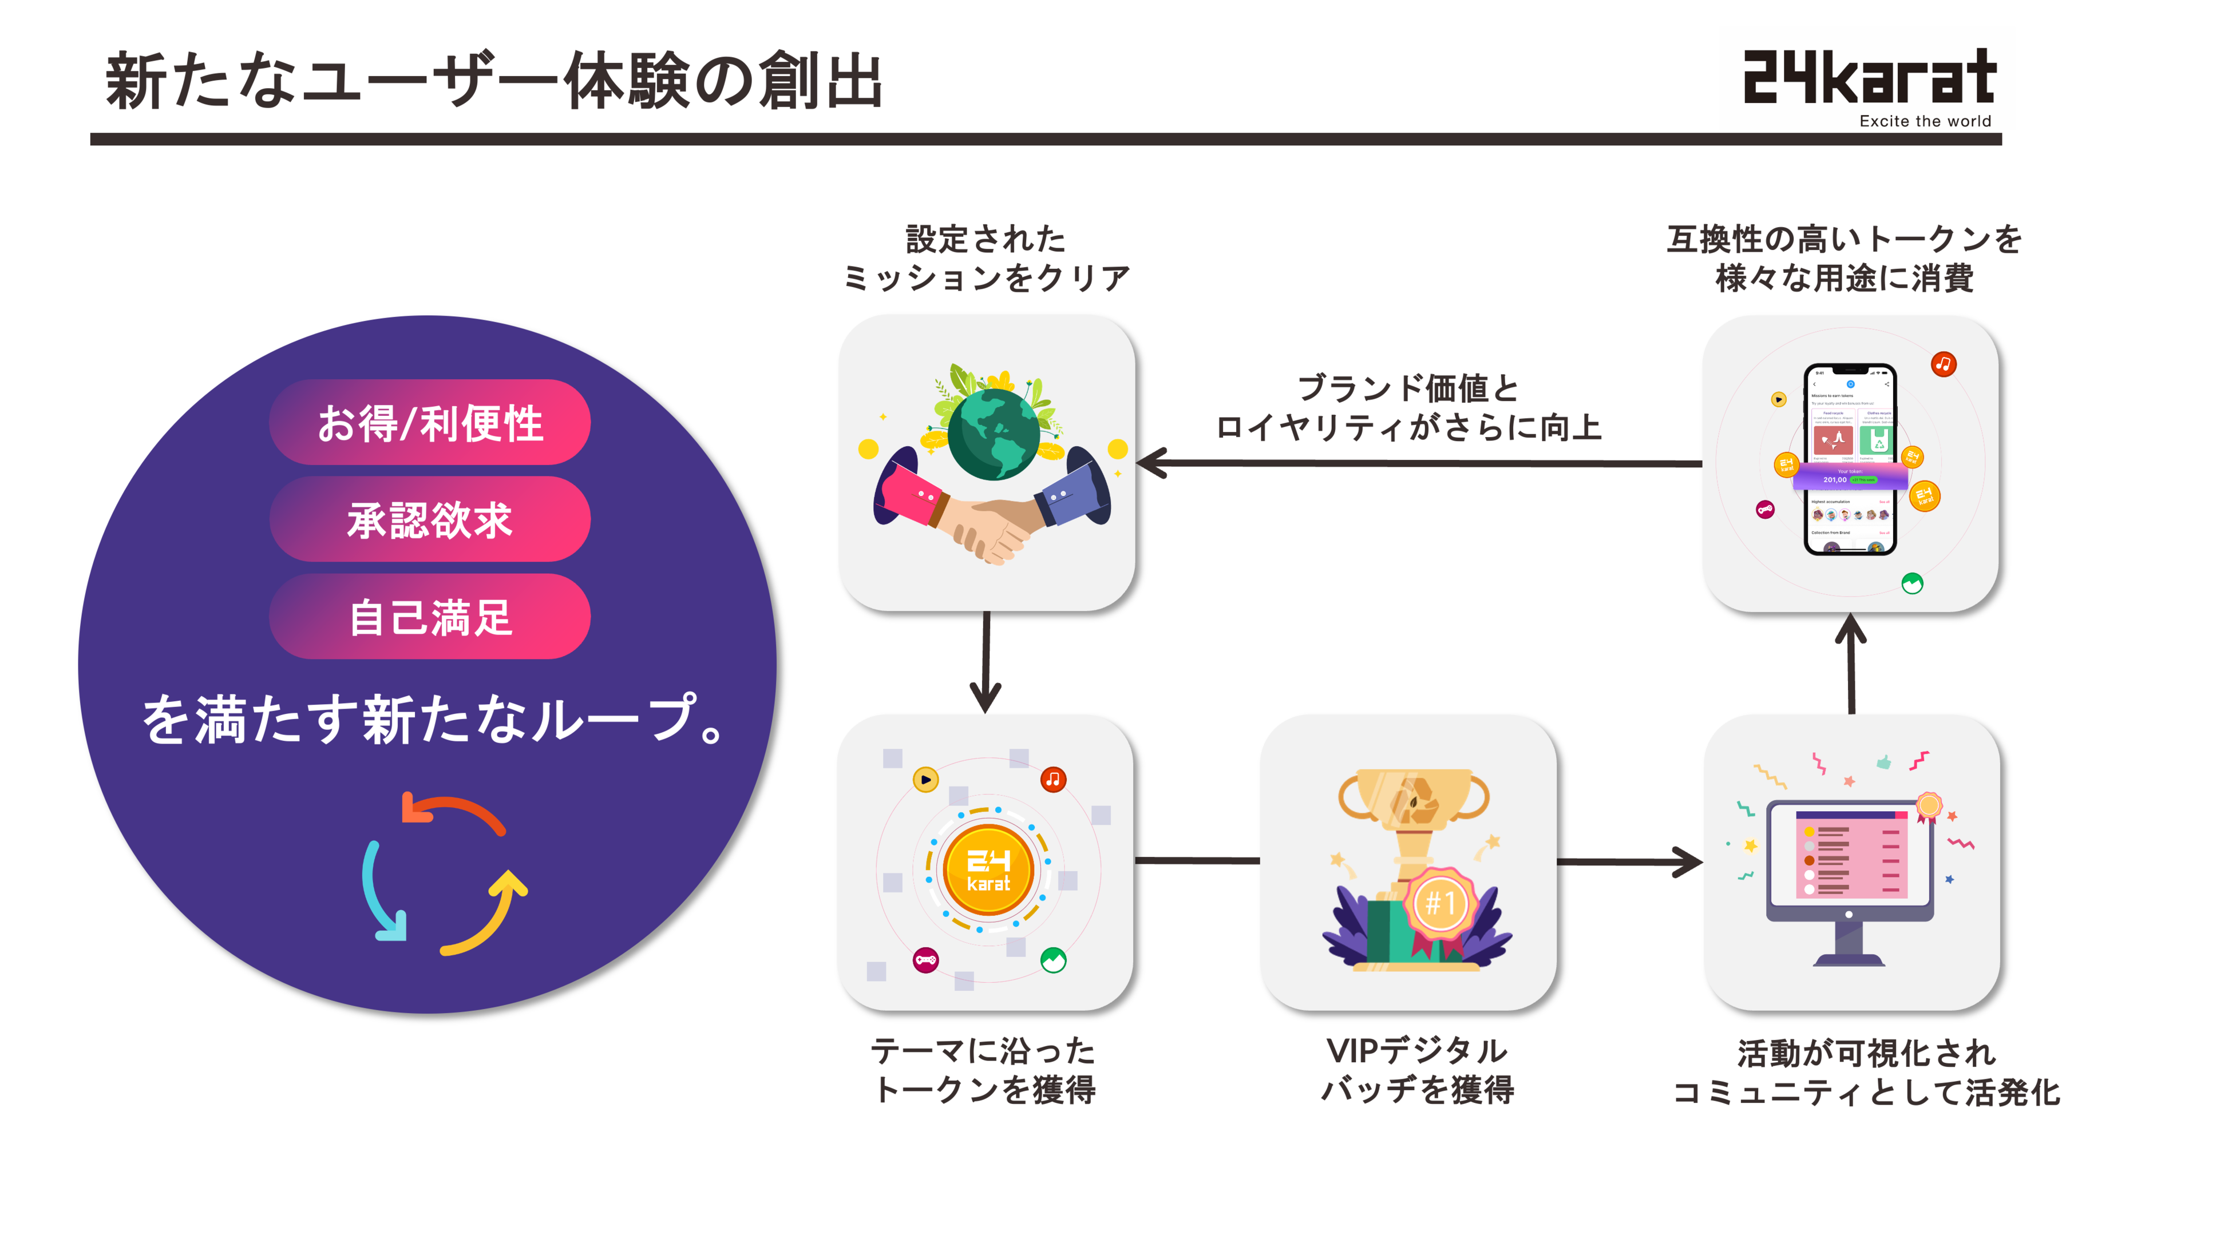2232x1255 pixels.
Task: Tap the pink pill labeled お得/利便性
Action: pos(430,423)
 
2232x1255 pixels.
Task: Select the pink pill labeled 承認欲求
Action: pos(430,519)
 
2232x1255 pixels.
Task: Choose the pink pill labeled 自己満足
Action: pos(430,617)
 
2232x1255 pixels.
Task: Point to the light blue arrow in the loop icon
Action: pos(379,892)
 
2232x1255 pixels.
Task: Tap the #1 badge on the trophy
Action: pos(1440,903)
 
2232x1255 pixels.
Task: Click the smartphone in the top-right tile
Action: pos(1850,459)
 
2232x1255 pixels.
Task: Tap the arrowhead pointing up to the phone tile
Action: pos(1851,628)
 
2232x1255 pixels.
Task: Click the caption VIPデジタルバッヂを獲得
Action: pos(1416,1070)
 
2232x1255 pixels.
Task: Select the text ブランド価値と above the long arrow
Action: pos(1408,388)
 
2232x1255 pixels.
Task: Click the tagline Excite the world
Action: pos(1925,121)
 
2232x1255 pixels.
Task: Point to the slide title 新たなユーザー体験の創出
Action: pos(494,81)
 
